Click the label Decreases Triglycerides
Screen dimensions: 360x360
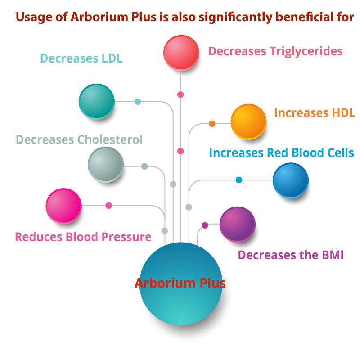click(275, 51)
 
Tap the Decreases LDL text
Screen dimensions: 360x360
click(81, 58)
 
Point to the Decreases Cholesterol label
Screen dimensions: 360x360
click(79, 139)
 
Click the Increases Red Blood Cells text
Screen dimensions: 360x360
click(281, 153)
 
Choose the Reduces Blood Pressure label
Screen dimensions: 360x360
click(83, 237)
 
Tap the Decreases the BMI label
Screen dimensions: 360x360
click(291, 255)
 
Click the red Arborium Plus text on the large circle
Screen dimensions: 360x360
click(180, 283)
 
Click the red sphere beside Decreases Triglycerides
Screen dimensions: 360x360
click(181, 52)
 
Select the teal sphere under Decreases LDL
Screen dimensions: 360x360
click(96, 101)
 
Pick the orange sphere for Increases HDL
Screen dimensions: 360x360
click(248, 121)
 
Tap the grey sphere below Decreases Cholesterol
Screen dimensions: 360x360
click(105, 164)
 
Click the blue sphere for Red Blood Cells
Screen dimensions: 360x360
click(290, 180)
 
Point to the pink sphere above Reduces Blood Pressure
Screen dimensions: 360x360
click(63, 206)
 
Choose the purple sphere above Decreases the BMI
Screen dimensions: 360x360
click(237, 224)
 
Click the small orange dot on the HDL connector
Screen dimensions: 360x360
click(212, 124)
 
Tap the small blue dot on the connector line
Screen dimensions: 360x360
click(239, 180)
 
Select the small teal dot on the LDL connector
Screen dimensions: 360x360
click(138, 102)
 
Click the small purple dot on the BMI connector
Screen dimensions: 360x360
click(205, 225)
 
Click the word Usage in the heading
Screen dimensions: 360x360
click(31, 17)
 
